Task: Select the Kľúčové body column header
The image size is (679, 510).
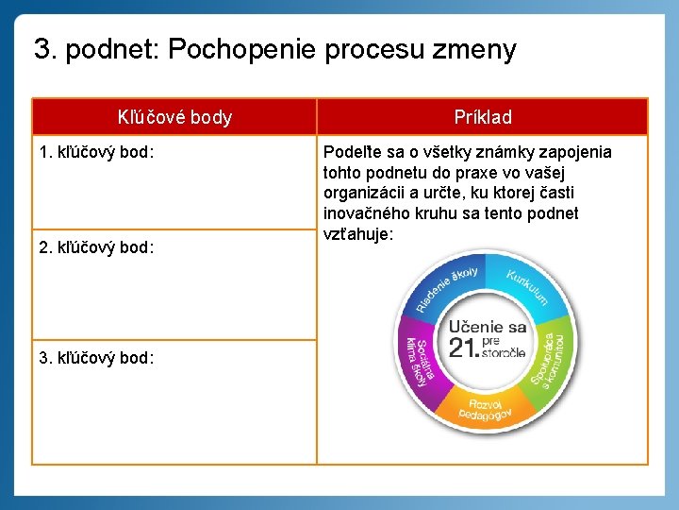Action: [x=174, y=118]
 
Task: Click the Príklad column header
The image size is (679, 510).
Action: [x=482, y=118]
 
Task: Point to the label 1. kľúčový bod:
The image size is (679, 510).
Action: [x=97, y=152]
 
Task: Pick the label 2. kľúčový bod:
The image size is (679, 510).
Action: [x=97, y=247]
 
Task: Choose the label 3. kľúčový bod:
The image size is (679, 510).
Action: [x=97, y=358]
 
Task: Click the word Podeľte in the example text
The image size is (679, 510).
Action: [x=351, y=152]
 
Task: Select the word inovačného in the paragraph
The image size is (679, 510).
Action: [x=363, y=213]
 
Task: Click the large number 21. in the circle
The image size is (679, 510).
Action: [x=463, y=348]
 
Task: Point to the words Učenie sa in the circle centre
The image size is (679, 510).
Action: [x=488, y=326]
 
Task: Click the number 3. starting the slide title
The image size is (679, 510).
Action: [x=43, y=49]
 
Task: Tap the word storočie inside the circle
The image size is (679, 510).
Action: [x=504, y=353]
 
